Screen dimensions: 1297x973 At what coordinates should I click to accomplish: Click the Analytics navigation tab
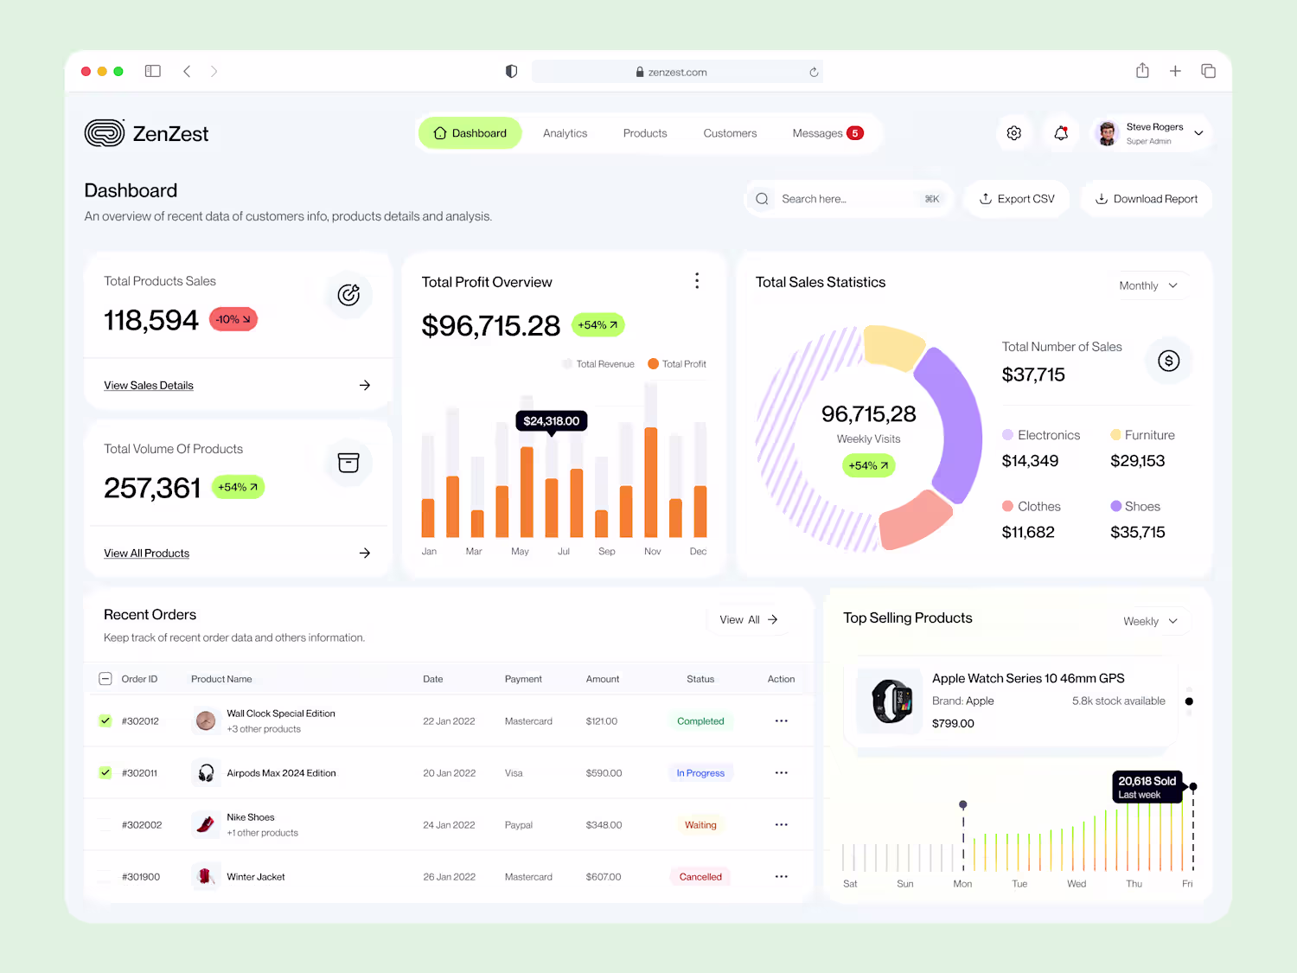click(x=565, y=133)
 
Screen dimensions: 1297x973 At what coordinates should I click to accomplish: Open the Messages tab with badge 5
click(x=827, y=133)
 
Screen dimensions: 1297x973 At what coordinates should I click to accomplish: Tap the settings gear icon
click(x=1014, y=133)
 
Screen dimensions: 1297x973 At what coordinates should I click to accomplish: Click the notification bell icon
click(x=1061, y=133)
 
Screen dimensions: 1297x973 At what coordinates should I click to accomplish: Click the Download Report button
click(x=1147, y=199)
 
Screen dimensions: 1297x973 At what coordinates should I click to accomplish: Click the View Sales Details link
click(x=149, y=385)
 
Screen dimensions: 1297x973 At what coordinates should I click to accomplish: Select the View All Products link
click(x=146, y=553)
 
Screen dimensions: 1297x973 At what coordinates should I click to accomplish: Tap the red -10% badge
click(x=233, y=319)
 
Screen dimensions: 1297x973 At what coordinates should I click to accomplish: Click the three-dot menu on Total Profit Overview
click(x=697, y=280)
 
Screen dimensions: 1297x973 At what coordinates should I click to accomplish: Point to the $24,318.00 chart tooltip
click(x=552, y=421)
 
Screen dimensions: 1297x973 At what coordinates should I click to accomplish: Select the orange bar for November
click(x=650, y=482)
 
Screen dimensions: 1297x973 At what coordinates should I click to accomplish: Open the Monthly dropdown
click(x=1148, y=285)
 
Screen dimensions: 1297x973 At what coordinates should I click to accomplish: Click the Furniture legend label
click(x=1149, y=435)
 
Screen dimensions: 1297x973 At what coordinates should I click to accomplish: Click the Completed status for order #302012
click(x=700, y=720)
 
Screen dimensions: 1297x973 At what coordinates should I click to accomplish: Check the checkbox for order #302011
click(x=105, y=772)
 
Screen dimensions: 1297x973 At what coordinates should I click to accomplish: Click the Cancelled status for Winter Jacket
click(x=700, y=877)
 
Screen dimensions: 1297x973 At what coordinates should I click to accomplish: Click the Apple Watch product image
click(x=891, y=701)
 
